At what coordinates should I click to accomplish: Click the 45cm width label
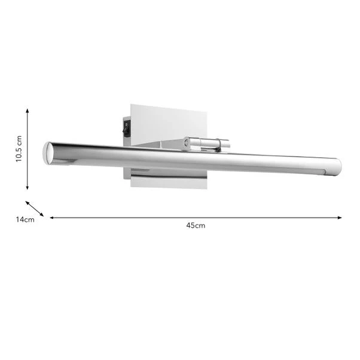click(196, 225)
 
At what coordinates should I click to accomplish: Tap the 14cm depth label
click(25, 219)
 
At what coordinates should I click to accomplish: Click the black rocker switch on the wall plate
click(126, 126)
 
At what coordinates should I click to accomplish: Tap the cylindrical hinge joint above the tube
click(206, 143)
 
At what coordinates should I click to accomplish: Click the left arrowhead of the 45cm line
click(52, 218)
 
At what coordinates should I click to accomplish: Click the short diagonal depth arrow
click(35, 208)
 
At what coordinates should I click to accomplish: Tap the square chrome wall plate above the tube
click(167, 123)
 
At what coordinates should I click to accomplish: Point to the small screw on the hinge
click(187, 144)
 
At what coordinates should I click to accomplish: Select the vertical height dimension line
click(28, 150)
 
